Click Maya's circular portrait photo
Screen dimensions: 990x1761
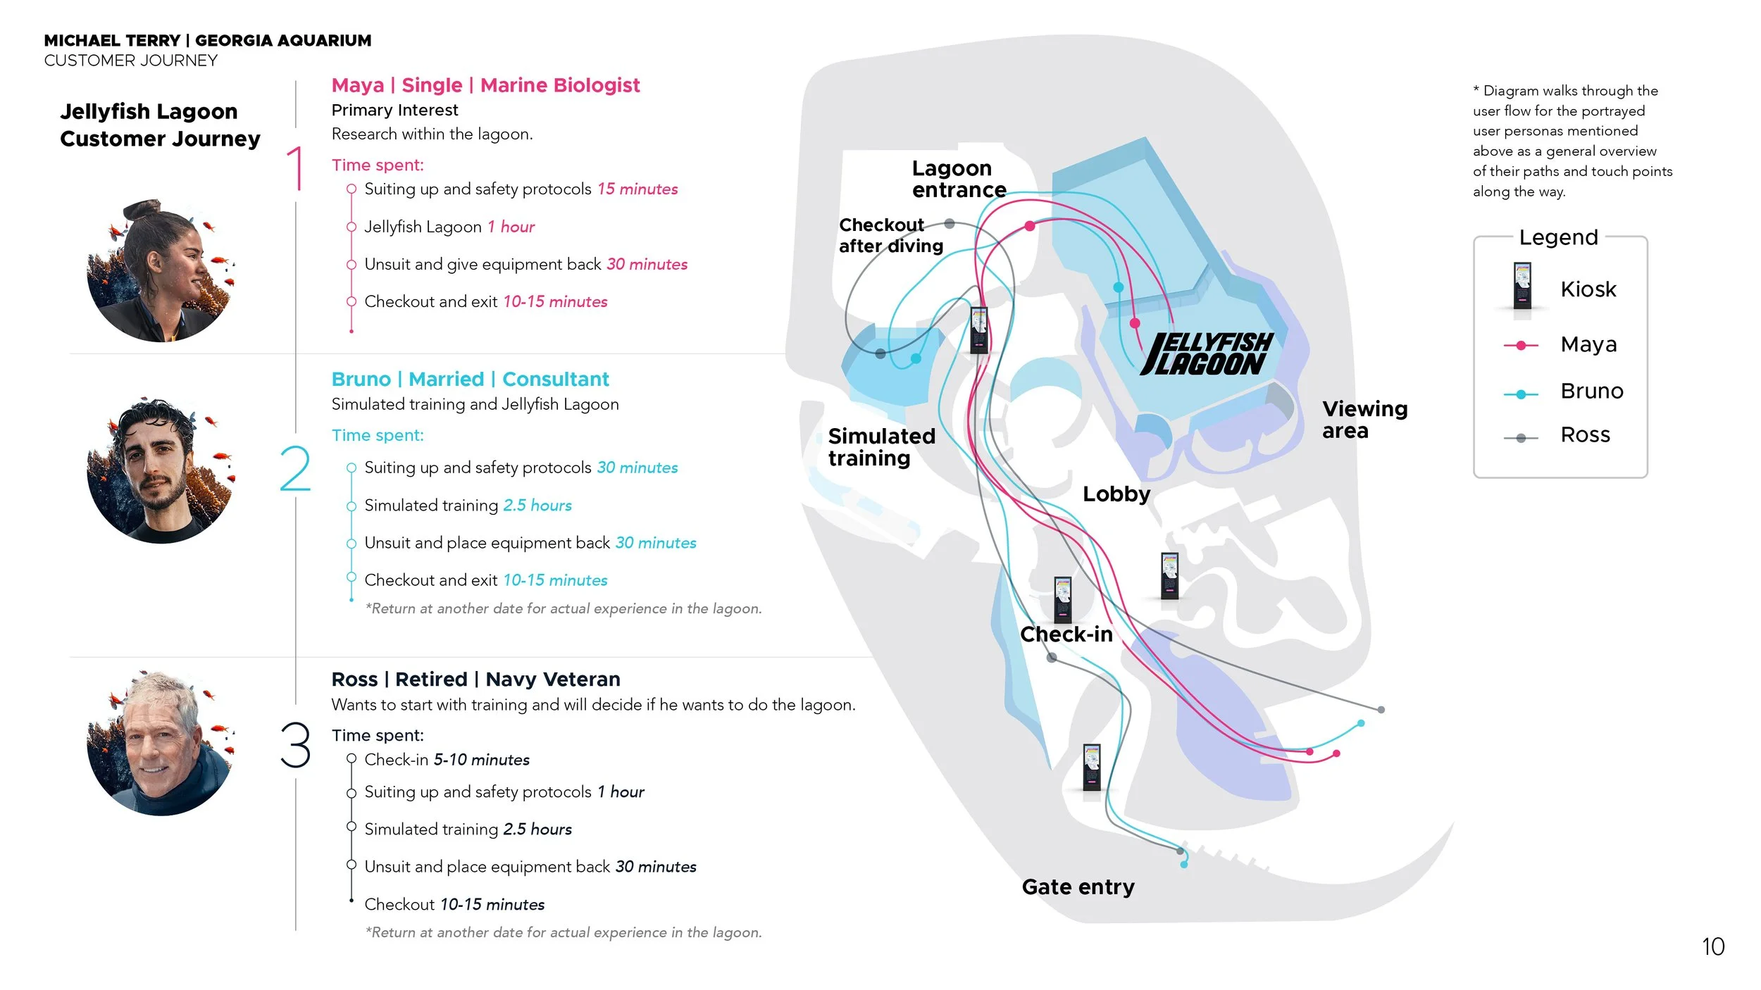click(161, 271)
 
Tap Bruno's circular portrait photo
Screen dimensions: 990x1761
click(161, 470)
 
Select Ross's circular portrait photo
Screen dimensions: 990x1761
click(161, 743)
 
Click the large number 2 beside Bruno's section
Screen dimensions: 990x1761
click(294, 468)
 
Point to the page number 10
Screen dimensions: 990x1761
click(1713, 947)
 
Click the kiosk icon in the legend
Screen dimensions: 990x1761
click(1522, 286)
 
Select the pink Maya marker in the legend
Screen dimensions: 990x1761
click(1521, 345)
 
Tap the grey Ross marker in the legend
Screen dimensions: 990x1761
click(1521, 438)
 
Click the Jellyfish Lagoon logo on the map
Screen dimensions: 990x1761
click(1207, 354)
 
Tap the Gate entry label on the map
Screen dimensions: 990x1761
click(1078, 886)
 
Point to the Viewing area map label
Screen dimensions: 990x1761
click(1364, 420)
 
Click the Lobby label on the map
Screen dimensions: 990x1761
click(1116, 494)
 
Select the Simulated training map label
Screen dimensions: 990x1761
click(881, 447)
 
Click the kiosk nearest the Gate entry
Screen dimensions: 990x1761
click(1092, 767)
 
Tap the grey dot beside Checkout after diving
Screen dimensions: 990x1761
click(950, 224)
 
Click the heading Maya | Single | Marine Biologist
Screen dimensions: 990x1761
click(485, 85)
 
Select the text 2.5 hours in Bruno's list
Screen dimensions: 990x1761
click(537, 506)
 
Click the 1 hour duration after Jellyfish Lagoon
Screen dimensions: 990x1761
click(511, 227)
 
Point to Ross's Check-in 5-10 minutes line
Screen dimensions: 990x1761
click(447, 760)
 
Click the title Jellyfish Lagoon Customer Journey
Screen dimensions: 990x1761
click(160, 125)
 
